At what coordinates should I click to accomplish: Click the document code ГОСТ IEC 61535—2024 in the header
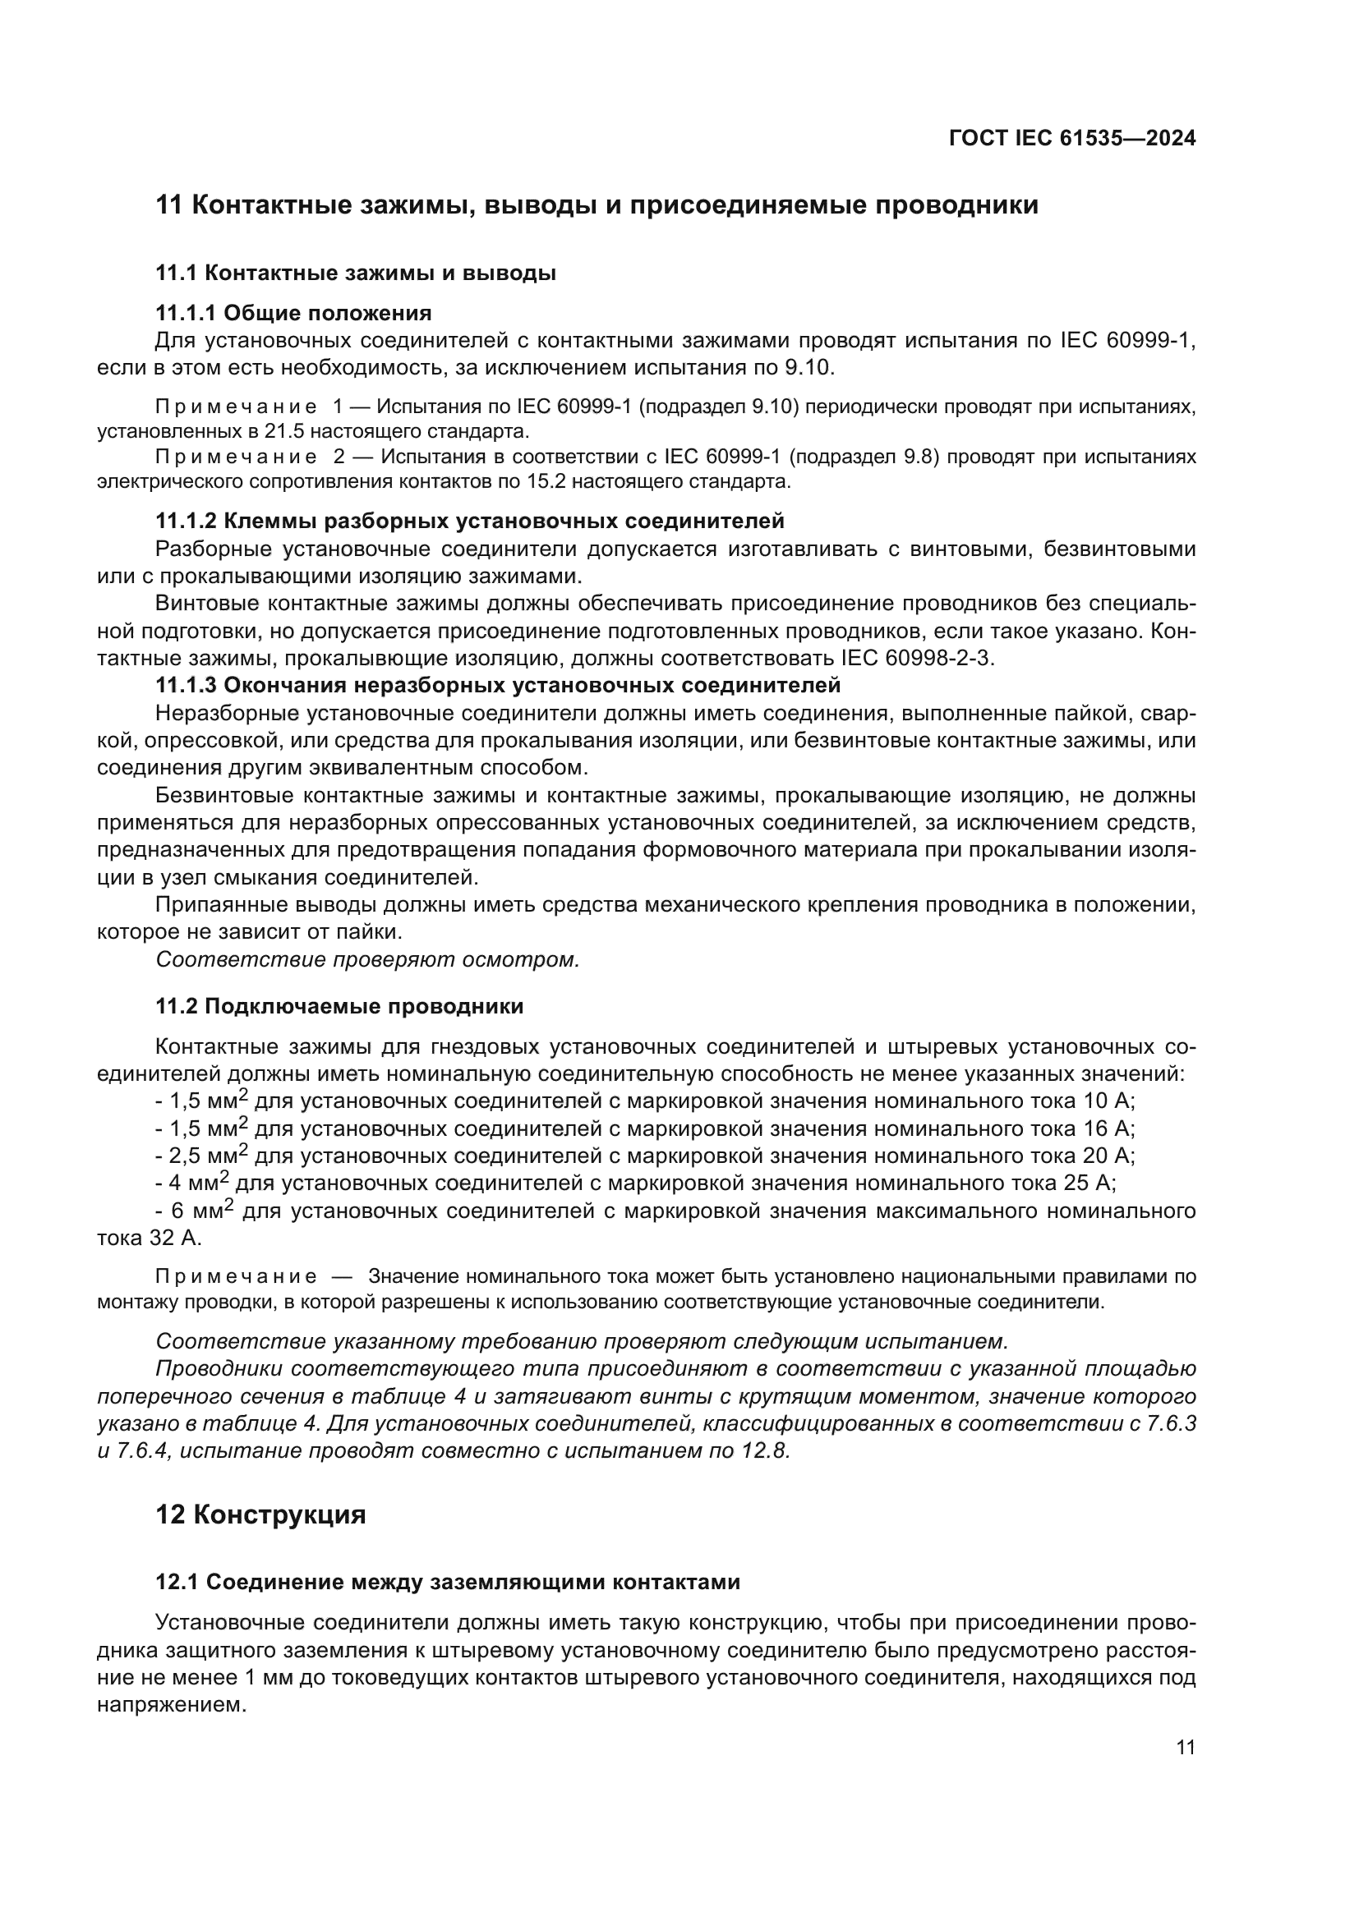[x=1072, y=139]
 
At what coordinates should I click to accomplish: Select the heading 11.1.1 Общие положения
[x=293, y=313]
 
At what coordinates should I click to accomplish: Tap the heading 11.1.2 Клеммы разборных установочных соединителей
[x=469, y=522]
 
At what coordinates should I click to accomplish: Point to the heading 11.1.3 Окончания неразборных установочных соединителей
[x=498, y=685]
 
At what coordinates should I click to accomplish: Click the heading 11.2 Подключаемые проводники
[x=340, y=1007]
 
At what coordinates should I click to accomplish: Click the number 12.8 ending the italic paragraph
[x=766, y=1450]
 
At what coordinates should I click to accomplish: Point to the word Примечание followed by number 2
[x=236, y=457]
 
